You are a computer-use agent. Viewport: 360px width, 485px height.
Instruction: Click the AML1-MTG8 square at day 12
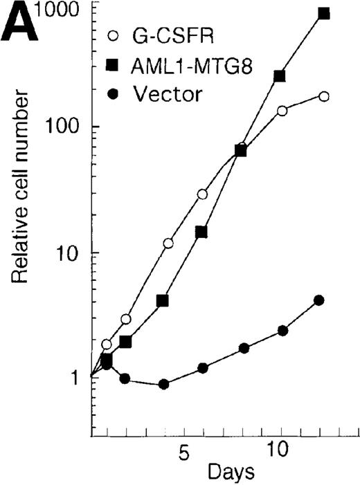323,13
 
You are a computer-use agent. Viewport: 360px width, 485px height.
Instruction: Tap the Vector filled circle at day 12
319,300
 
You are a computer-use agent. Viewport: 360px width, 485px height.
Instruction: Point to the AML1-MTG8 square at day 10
280,76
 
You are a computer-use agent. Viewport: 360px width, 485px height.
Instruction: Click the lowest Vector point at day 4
164,384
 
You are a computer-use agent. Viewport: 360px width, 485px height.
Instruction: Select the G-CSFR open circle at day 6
202,194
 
